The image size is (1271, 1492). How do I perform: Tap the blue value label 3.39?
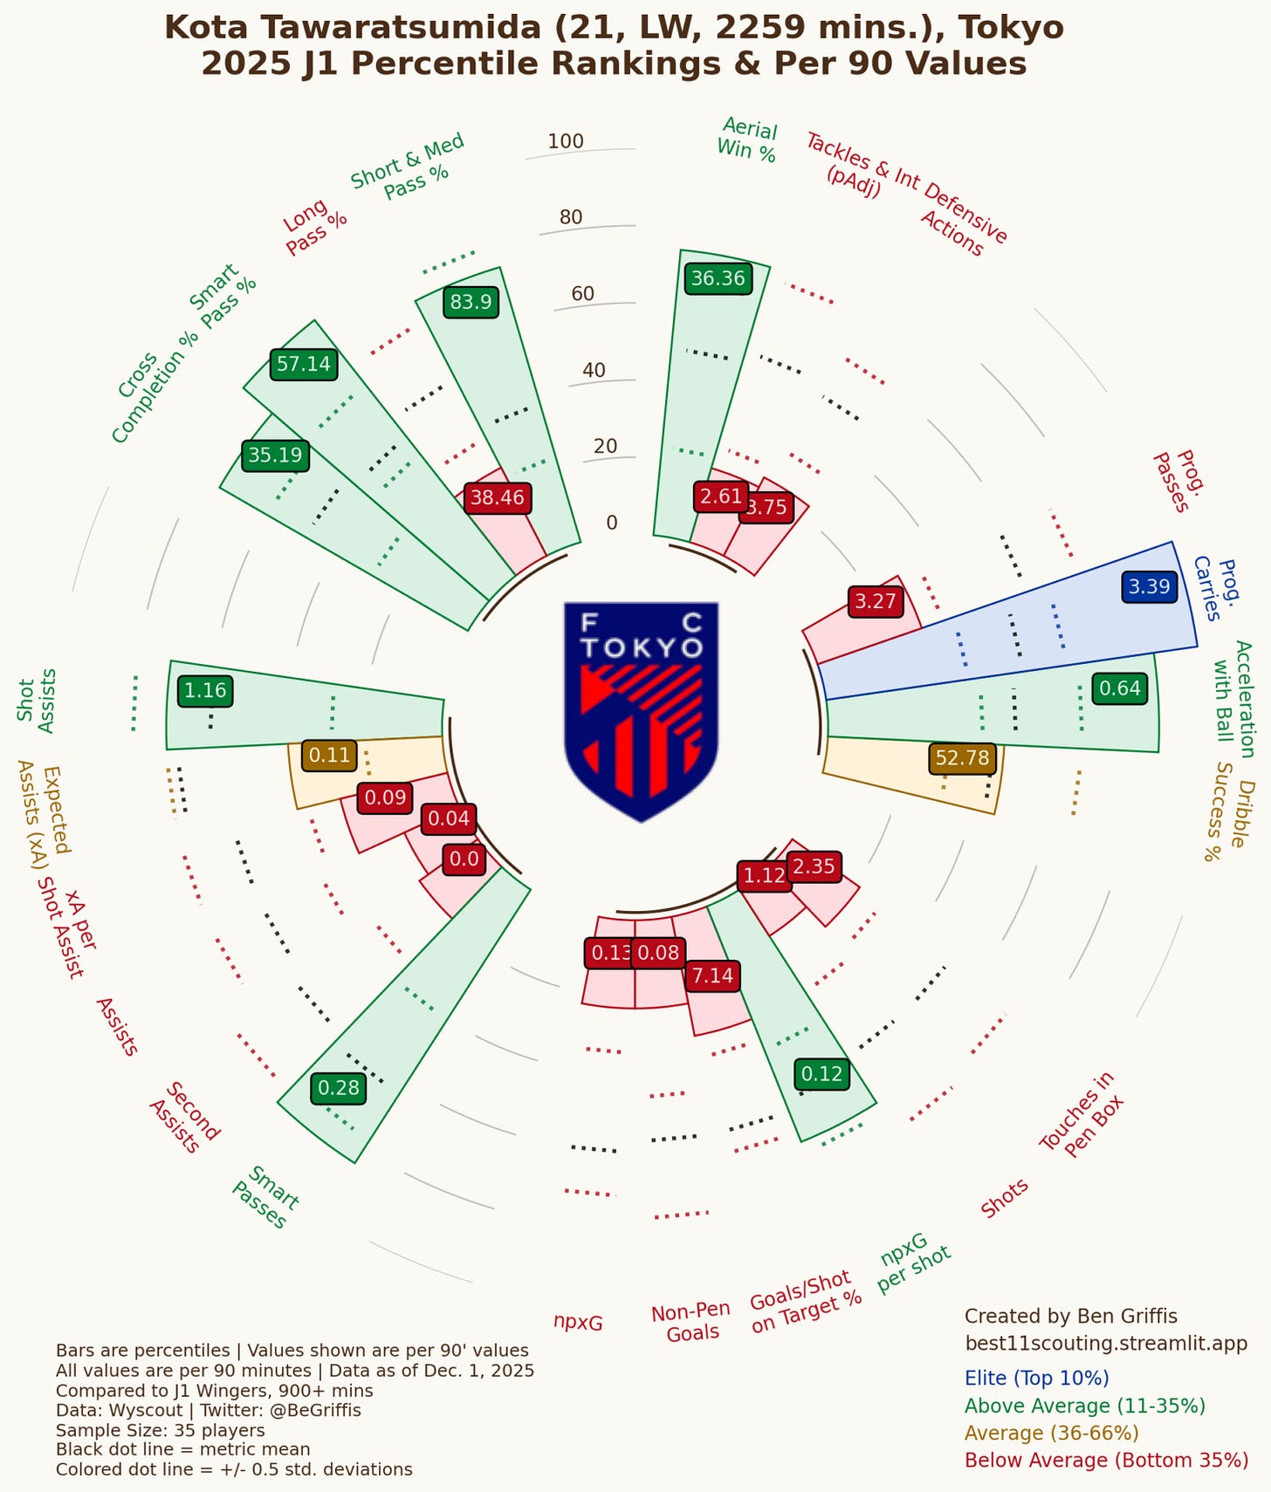(1149, 586)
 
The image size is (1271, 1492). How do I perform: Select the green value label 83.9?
(471, 303)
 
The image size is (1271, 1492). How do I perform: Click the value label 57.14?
(304, 364)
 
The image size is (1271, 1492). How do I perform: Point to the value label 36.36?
(718, 278)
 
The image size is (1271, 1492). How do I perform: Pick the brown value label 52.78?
(962, 757)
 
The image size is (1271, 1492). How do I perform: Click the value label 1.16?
(205, 691)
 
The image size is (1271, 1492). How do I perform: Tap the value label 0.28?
(339, 1087)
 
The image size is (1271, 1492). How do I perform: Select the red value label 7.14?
(712, 975)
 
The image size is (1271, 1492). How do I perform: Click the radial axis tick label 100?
(566, 141)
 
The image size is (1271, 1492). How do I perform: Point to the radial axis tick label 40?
(594, 370)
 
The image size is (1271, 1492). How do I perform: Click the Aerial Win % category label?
(747, 140)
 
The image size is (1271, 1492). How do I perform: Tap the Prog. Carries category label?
(1217, 588)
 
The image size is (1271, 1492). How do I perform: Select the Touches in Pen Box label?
(1081, 1114)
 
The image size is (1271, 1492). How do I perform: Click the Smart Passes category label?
(266, 1196)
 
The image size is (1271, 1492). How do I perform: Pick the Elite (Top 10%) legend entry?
(1036, 1378)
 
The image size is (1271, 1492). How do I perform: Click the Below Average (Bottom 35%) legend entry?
(1106, 1460)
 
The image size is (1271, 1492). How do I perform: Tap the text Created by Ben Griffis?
(1070, 1316)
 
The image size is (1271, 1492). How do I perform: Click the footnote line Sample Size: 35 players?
(160, 1430)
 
